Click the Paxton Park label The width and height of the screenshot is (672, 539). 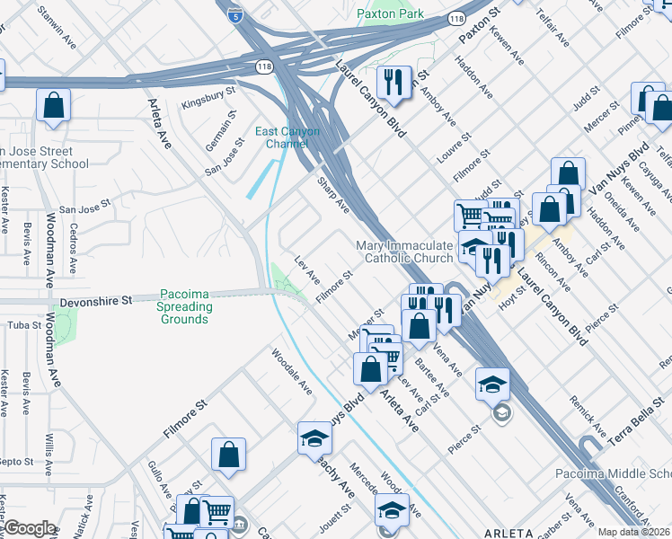click(x=391, y=13)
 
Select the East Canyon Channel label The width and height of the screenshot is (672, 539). click(x=287, y=137)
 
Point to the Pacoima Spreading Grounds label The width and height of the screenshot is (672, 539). click(x=186, y=306)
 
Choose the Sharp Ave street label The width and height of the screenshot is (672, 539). click(x=332, y=193)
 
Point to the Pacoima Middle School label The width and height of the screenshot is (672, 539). click(x=619, y=473)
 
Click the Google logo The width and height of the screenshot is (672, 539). click(x=29, y=528)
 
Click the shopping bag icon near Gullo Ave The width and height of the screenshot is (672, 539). click(x=229, y=455)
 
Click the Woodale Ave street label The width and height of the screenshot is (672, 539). click(x=292, y=373)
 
